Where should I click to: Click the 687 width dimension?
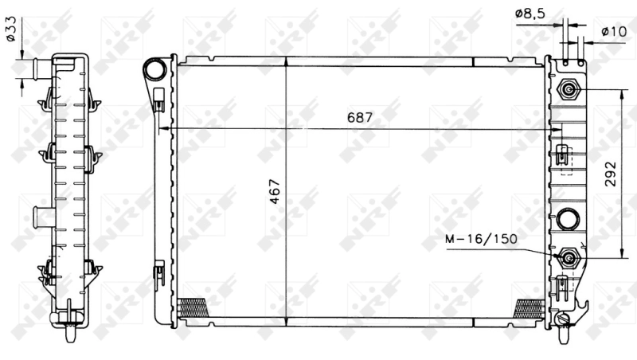click(360, 116)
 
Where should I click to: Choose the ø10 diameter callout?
click(613, 31)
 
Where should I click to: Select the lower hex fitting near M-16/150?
click(569, 257)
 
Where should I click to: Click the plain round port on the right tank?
click(568, 217)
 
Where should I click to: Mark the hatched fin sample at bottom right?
click(529, 307)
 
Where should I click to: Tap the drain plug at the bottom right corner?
click(565, 319)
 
